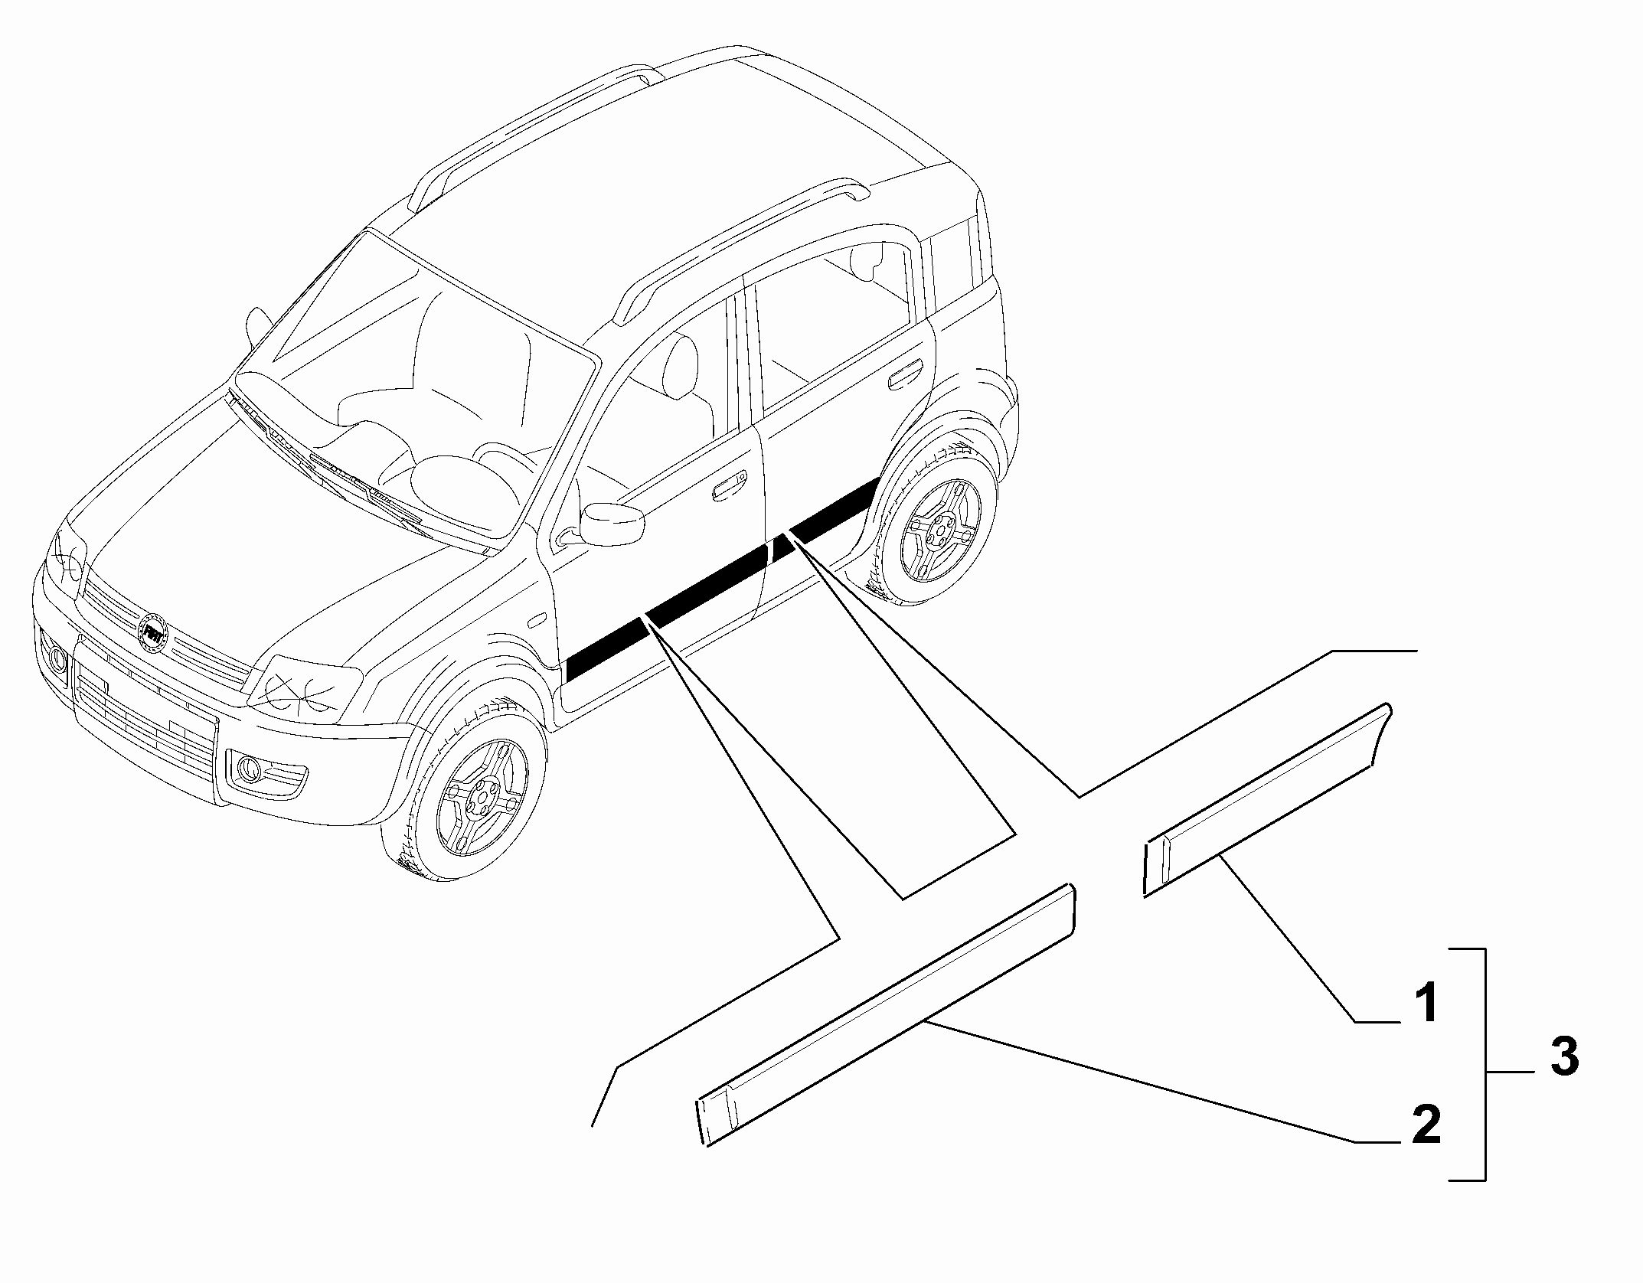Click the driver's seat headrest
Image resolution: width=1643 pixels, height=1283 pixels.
(678, 367)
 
